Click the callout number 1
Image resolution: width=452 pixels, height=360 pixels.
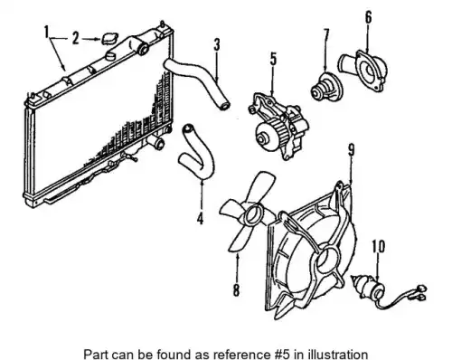[47, 33]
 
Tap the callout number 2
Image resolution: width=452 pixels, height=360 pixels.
[76, 39]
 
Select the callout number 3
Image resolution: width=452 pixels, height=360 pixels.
[217, 44]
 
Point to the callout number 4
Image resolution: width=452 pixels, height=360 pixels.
[200, 218]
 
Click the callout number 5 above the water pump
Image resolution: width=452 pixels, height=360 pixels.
[273, 59]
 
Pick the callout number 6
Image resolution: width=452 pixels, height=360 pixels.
[369, 17]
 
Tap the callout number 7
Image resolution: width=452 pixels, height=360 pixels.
[326, 35]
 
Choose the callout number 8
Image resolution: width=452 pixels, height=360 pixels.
[236, 290]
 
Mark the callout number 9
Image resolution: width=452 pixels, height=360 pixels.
[352, 150]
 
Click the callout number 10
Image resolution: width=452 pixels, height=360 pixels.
[379, 246]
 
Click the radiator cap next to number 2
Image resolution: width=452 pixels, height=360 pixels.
[109, 39]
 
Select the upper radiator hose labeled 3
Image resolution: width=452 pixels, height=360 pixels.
[197, 81]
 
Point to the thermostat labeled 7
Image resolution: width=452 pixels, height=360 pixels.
[326, 87]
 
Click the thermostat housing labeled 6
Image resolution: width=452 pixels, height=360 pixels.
[363, 70]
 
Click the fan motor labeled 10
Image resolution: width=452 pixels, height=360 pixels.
[369, 287]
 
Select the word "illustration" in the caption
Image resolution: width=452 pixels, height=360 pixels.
[340, 354]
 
